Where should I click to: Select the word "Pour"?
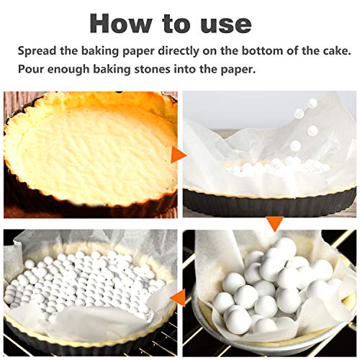[31, 71]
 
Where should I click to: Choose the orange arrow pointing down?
[272, 225]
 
